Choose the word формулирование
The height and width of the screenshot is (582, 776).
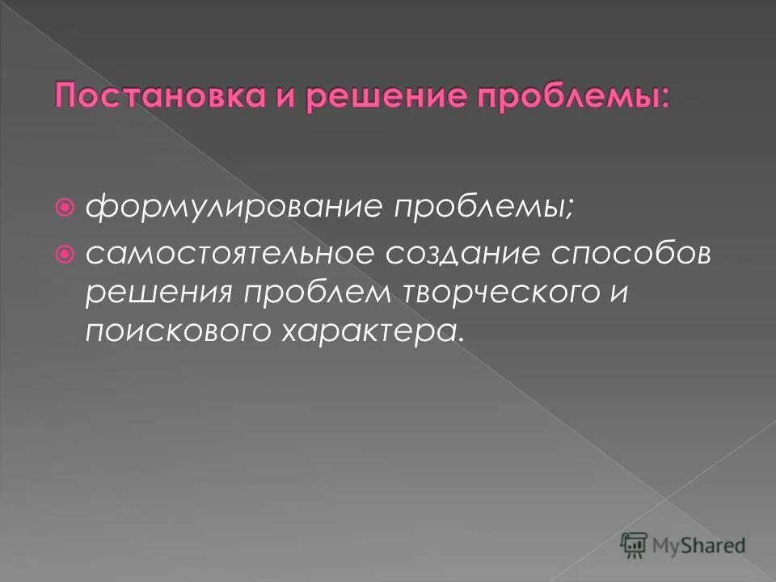coord(234,209)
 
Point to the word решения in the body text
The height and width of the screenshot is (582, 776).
coord(154,293)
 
